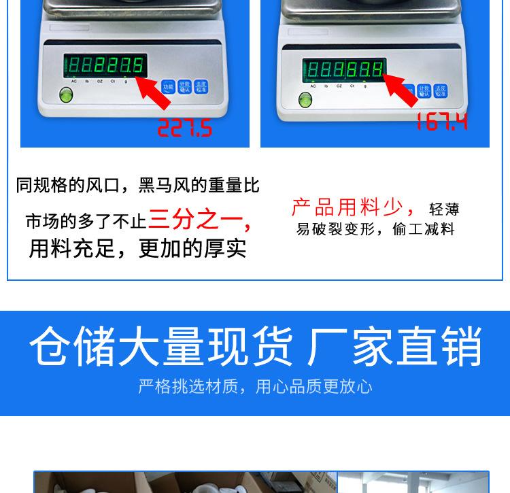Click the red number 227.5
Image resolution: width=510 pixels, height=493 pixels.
pos(185,127)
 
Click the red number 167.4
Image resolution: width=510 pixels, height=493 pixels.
pos(442,122)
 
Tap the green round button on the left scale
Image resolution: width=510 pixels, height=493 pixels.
pos(66,95)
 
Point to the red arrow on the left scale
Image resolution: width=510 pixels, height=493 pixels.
pos(155,93)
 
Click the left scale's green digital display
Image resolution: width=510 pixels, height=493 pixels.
pos(105,66)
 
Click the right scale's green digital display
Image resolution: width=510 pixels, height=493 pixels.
pos(344,69)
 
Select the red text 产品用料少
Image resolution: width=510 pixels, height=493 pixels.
pos(347,207)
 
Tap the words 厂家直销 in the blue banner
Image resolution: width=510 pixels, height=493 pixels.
pos(395,347)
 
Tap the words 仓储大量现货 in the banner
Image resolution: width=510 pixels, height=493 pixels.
pos(161,347)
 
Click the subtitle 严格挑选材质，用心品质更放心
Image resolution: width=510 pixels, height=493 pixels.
pos(255,387)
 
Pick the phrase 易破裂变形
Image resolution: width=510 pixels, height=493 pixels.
pos(335,229)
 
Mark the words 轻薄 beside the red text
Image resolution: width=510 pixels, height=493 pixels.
pos(444,209)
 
